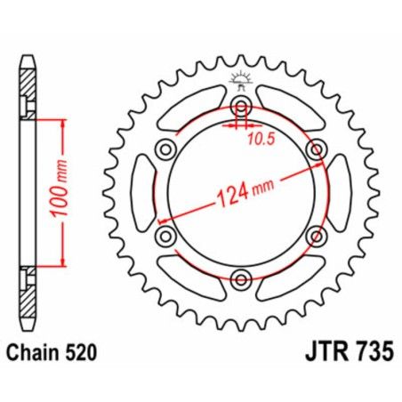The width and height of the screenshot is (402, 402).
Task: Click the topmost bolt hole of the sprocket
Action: [x=240, y=108]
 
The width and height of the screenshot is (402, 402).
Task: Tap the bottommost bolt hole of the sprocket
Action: [x=240, y=279]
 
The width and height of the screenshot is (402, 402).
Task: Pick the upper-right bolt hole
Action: [x=314, y=150]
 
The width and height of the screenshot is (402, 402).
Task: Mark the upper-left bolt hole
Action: [x=165, y=150]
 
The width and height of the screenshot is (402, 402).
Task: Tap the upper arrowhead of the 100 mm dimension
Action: [x=63, y=125]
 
